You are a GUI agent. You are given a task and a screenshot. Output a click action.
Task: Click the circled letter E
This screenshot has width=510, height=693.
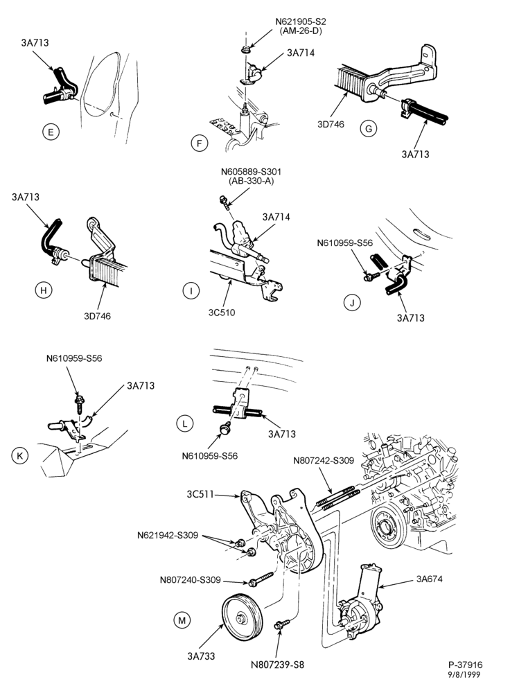click(51, 132)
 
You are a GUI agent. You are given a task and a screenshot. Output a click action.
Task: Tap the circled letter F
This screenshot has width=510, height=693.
click(200, 143)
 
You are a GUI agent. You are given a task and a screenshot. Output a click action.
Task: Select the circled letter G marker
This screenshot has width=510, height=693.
click(369, 129)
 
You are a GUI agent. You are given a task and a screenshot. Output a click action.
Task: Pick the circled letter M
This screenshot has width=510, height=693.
click(182, 620)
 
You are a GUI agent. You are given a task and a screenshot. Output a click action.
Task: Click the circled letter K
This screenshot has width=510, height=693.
click(19, 455)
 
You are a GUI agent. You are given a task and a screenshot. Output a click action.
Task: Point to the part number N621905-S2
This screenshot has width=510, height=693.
click(301, 21)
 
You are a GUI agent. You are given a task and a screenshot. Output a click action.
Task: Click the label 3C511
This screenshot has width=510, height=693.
click(200, 494)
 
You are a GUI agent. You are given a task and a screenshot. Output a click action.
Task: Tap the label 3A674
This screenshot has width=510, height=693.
click(429, 579)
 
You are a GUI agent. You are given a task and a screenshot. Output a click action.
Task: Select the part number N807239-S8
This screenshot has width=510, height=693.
click(277, 665)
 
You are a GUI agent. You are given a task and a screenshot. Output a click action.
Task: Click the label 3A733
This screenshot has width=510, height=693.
click(201, 656)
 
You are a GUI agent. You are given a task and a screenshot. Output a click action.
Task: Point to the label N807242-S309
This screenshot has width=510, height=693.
click(324, 461)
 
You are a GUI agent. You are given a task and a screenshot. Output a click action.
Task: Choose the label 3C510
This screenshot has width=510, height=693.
click(222, 313)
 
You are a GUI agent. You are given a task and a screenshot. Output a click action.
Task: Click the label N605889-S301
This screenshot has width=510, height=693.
click(251, 171)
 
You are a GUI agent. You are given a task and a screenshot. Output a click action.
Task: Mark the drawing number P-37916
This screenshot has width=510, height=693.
click(466, 665)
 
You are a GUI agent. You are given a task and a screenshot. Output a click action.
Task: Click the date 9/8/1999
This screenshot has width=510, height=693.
click(465, 674)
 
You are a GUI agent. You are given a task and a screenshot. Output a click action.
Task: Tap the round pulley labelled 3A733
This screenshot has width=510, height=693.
click(243, 617)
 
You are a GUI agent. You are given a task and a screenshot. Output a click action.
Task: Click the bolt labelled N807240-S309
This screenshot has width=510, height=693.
click(262, 579)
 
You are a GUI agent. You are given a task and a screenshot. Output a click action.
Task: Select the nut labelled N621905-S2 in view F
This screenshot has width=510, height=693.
click(245, 49)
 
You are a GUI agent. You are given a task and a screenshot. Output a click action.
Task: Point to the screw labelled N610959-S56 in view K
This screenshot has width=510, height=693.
click(80, 402)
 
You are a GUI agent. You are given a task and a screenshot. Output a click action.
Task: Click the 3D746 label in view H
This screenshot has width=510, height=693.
click(97, 316)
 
